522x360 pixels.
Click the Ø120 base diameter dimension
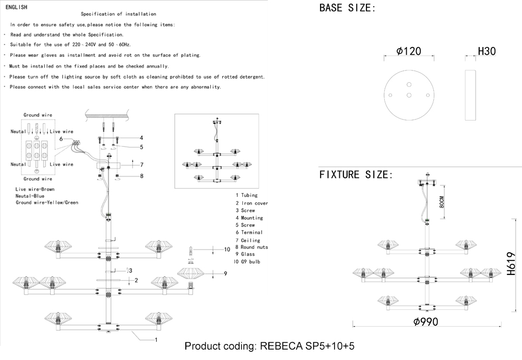point(409,51)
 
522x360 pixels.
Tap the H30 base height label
point(487,51)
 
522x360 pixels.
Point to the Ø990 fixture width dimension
point(425,321)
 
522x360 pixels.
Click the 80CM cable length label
point(442,202)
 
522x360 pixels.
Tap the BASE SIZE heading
point(347,8)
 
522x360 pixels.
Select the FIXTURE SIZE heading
point(355,174)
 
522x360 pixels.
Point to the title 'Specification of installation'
point(118,14)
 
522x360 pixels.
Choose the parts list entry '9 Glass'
point(245,254)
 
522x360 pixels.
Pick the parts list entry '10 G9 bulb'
point(247,261)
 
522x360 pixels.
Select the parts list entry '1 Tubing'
point(246,195)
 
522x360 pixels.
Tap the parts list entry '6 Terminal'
point(248,232)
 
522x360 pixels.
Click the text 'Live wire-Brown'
point(35,189)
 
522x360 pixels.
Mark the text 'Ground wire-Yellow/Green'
point(46,202)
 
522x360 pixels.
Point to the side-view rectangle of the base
point(470,94)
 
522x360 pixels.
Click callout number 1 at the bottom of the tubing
point(156,340)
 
